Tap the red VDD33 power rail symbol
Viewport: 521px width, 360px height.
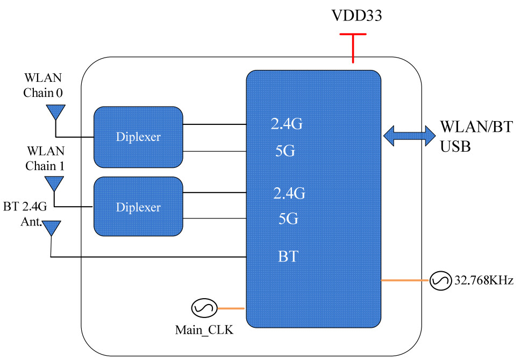click(x=353, y=46)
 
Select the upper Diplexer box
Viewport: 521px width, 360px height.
click(x=138, y=137)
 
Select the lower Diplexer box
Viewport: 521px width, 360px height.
click(x=138, y=207)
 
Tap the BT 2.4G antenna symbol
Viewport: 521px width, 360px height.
click(x=51, y=228)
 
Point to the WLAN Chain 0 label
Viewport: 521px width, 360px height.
click(x=43, y=86)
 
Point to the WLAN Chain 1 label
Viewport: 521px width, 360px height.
click(x=45, y=159)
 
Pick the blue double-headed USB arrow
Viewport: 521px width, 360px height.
click(x=409, y=135)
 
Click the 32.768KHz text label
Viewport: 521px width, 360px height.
click(x=480, y=280)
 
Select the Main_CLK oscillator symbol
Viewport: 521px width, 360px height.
click(x=204, y=308)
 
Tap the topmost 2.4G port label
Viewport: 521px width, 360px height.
click(x=287, y=125)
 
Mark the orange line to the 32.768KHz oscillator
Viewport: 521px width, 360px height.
click(x=405, y=280)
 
